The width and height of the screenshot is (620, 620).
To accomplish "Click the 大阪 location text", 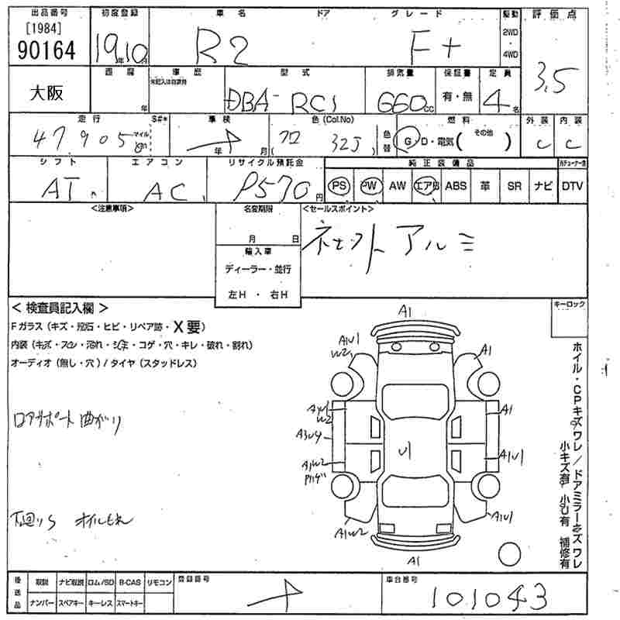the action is tap(47, 92).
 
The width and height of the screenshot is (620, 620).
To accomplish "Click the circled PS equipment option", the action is tap(339, 186).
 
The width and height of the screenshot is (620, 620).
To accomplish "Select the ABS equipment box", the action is tap(456, 186).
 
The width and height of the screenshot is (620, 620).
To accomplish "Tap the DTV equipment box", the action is tap(572, 186).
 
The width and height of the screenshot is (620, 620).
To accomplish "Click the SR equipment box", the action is tap(514, 186).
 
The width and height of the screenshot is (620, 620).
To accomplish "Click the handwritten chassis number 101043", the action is tap(488, 598).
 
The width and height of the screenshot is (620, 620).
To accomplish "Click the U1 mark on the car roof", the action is tap(404, 451).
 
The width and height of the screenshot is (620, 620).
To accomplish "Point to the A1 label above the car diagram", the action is tap(404, 311).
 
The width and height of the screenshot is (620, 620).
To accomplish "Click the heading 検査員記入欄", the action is tap(60, 308).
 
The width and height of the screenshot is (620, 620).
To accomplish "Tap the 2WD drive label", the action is tap(511, 32).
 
